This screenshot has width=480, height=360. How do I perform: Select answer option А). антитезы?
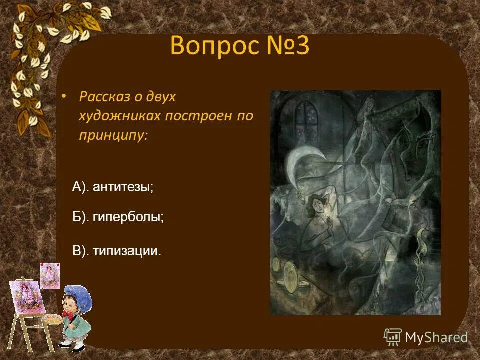tap(113, 187)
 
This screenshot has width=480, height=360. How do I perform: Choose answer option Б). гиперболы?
tap(118, 217)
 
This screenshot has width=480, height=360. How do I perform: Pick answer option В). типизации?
tap(117, 250)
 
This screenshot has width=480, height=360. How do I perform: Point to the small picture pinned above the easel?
tap(50, 275)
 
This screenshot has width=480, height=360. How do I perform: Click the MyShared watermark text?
tap(436, 338)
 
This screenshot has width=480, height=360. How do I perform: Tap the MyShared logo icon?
tap(392, 337)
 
